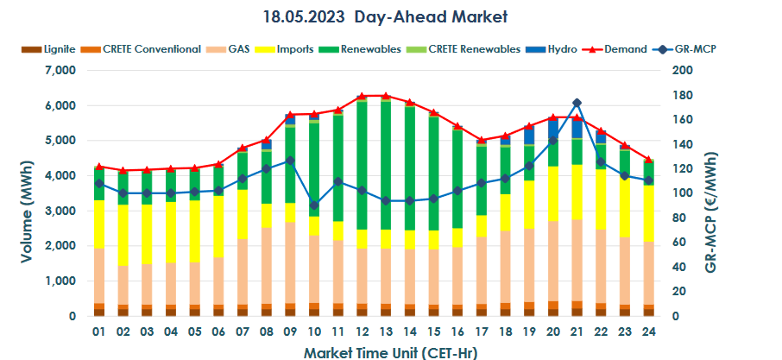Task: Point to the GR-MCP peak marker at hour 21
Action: [x=577, y=104]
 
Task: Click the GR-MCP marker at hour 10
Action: [x=313, y=205]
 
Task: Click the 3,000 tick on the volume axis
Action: [x=59, y=212]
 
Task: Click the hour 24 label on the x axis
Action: [x=648, y=332]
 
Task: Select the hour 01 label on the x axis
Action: [x=99, y=332]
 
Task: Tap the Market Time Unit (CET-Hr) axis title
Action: [x=390, y=352]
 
